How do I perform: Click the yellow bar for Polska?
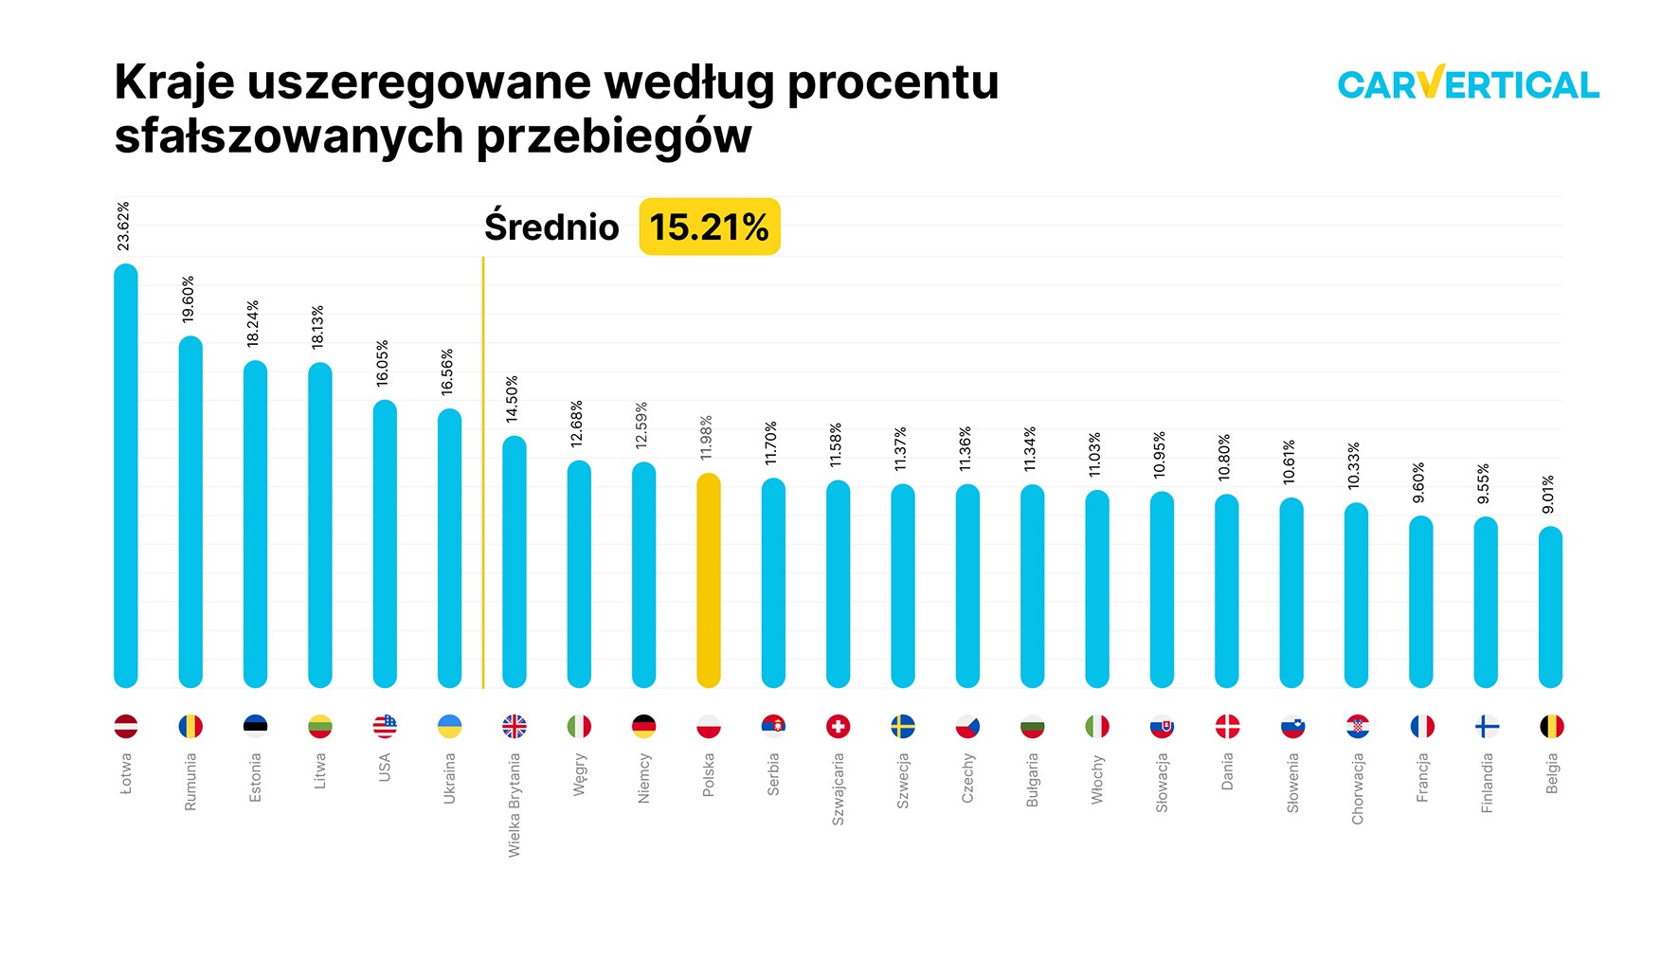(x=709, y=580)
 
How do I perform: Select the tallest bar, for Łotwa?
(x=126, y=476)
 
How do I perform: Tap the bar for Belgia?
(x=1550, y=606)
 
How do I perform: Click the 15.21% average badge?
(x=709, y=227)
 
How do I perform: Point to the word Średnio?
(x=551, y=227)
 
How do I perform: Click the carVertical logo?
(x=1468, y=83)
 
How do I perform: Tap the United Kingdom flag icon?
(x=515, y=727)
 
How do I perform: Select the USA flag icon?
(x=385, y=727)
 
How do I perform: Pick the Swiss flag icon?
(x=838, y=727)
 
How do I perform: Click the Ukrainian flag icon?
(x=450, y=727)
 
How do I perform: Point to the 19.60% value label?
(x=189, y=299)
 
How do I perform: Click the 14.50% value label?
(x=512, y=399)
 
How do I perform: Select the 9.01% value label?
(x=1548, y=495)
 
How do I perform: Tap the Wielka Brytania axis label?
(x=515, y=805)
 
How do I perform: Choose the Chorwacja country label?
(x=1357, y=788)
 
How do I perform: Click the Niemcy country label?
(x=644, y=778)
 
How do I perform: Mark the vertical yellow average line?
(x=483, y=474)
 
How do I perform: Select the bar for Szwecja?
(x=903, y=586)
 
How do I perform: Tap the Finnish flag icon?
(x=1487, y=727)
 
